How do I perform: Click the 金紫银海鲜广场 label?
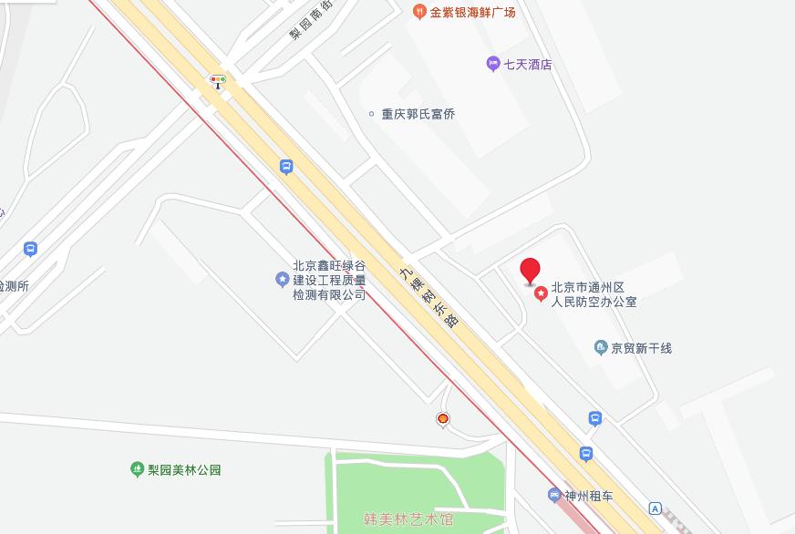(473, 12)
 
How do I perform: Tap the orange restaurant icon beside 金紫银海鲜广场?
(419, 11)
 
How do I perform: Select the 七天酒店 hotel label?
(528, 65)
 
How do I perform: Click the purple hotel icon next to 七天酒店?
(492, 64)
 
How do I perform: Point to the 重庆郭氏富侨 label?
(418, 114)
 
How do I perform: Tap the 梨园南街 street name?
(309, 21)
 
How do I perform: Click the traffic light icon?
(218, 81)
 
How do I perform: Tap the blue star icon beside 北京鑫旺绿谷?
(282, 279)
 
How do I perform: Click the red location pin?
(530, 271)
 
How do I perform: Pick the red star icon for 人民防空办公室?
(541, 293)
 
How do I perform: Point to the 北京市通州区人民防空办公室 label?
(594, 294)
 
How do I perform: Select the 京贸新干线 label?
(641, 348)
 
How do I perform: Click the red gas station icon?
(443, 419)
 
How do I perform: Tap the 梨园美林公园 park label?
(184, 470)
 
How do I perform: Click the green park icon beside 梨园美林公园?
(137, 469)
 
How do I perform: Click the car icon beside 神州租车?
(553, 496)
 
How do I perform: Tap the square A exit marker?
(656, 508)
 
